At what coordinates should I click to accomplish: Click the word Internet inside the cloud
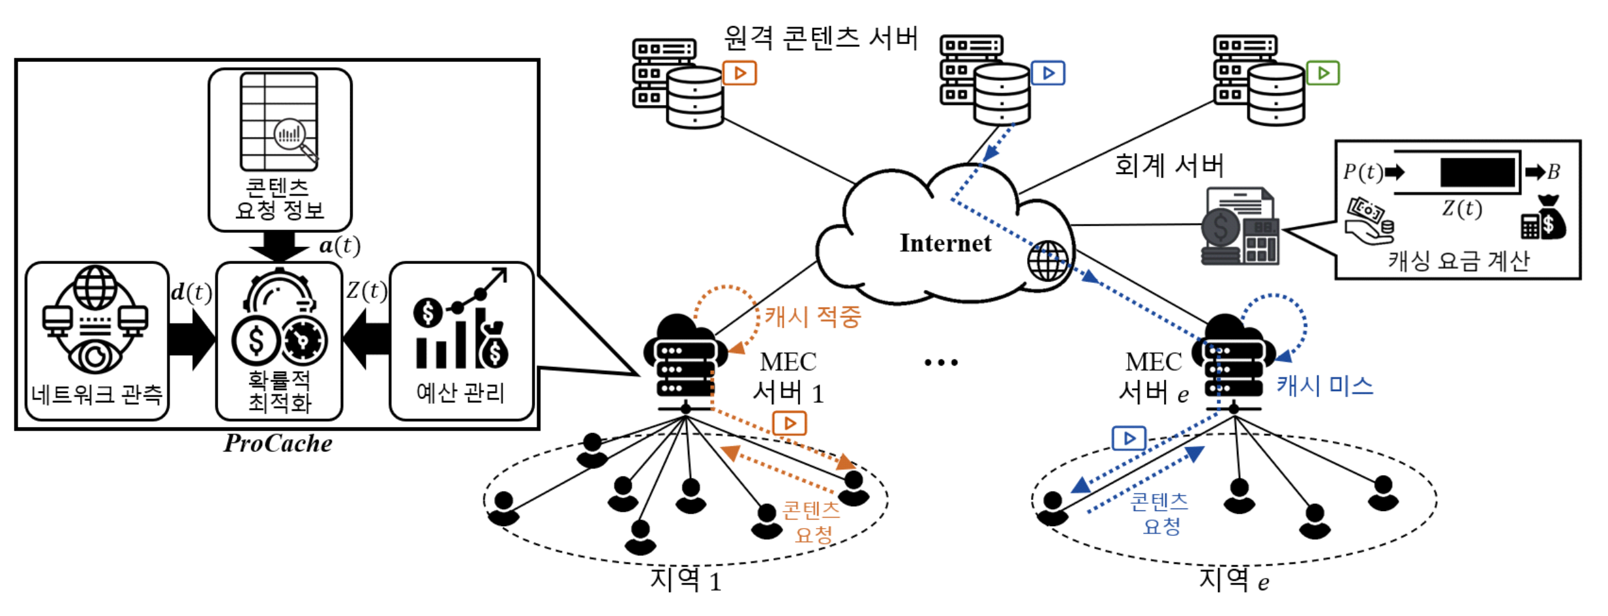pos(945,243)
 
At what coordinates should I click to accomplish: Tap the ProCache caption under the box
pos(278,444)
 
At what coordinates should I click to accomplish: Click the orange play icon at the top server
pos(739,73)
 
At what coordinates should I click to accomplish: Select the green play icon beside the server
pos(1323,73)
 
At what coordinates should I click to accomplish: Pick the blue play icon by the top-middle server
pos(1047,73)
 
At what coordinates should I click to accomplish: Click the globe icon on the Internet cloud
pos(1047,261)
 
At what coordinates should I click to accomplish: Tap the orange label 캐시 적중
pos(812,317)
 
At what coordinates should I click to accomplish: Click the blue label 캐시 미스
pos(1324,386)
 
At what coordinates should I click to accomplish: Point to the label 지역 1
pos(685,579)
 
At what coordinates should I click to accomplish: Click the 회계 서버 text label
pos(1169,166)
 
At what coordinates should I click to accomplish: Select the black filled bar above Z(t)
pos(1477,173)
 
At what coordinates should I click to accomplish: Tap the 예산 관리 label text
pos(460,392)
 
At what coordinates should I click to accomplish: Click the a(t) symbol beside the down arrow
pos(339,246)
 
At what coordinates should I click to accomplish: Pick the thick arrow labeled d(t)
pos(190,340)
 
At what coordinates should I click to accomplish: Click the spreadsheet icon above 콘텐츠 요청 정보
pos(279,121)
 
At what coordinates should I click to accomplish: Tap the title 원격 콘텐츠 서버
pos(820,38)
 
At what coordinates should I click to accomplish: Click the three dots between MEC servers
pos(941,362)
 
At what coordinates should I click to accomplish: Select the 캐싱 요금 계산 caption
pos(1458,261)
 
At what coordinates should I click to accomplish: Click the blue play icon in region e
pos(1129,438)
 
